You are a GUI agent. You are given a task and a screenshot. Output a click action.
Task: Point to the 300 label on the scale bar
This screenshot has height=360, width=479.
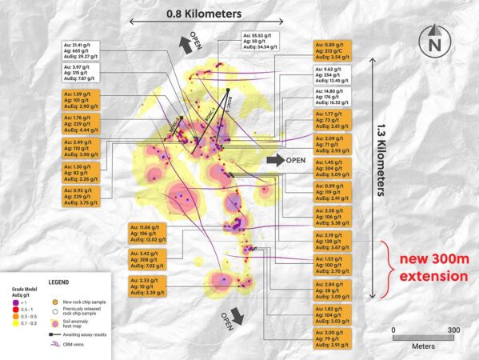point(453,329)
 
